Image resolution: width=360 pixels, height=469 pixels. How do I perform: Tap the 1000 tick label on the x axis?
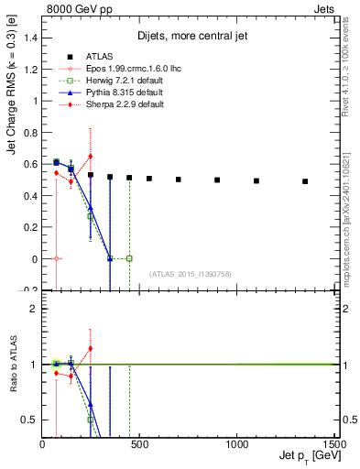[236, 444]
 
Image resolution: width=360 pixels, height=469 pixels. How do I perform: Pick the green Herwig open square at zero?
[129, 258]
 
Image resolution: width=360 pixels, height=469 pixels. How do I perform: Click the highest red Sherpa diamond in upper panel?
[91, 156]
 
